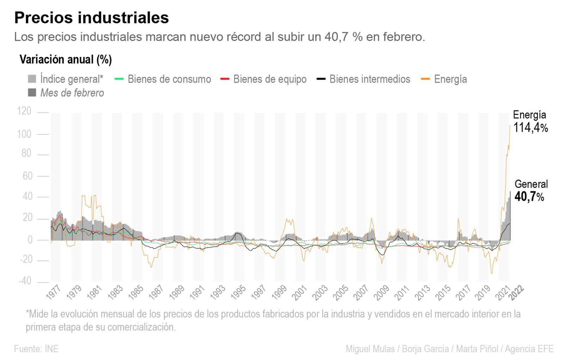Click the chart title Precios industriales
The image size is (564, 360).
(x=91, y=18)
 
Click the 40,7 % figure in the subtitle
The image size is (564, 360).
(x=343, y=37)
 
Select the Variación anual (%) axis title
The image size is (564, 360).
(x=66, y=59)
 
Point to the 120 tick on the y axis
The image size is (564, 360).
(x=24, y=111)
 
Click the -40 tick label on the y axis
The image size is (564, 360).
(x=25, y=281)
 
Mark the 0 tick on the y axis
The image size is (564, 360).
(x=30, y=240)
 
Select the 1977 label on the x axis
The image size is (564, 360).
(x=54, y=293)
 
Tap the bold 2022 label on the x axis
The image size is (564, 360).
(x=516, y=293)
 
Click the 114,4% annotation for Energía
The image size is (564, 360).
(x=530, y=127)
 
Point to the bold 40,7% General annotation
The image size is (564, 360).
(x=529, y=196)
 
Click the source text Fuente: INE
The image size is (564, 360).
(x=36, y=349)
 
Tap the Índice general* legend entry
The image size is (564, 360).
(x=72, y=79)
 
